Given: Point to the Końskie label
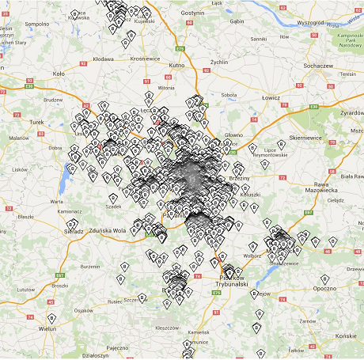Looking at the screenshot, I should point(344,334).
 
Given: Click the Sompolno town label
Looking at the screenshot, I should point(37,25).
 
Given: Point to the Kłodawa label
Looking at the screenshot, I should point(104,59).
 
